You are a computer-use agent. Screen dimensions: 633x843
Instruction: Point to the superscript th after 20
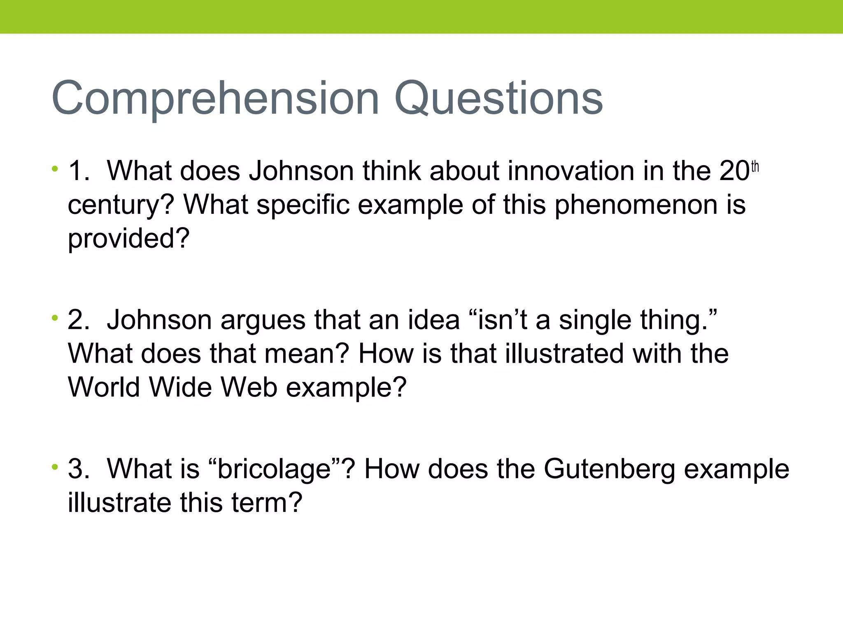[755, 166]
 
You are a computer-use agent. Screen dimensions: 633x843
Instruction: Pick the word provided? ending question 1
[128, 239]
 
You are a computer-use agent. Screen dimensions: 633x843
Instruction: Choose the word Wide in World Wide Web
[180, 387]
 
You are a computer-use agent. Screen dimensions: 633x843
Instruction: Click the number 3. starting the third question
[78, 469]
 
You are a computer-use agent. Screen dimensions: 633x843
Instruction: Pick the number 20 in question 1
[735, 171]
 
